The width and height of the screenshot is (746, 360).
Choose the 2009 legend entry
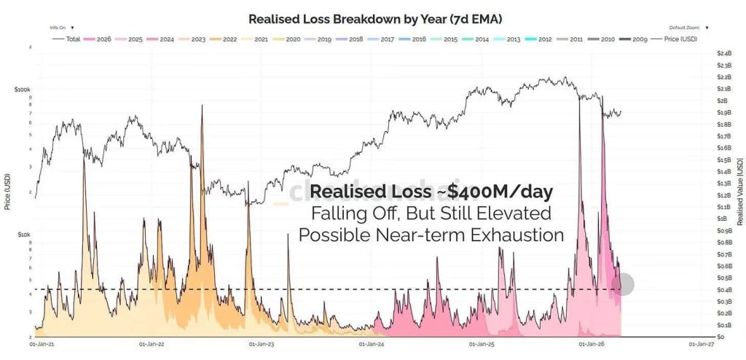click(637, 38)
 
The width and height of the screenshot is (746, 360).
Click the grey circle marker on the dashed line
click(624, 284)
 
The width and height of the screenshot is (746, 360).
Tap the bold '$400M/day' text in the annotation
click(500, 192)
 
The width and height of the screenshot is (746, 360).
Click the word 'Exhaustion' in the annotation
click(522, 236)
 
